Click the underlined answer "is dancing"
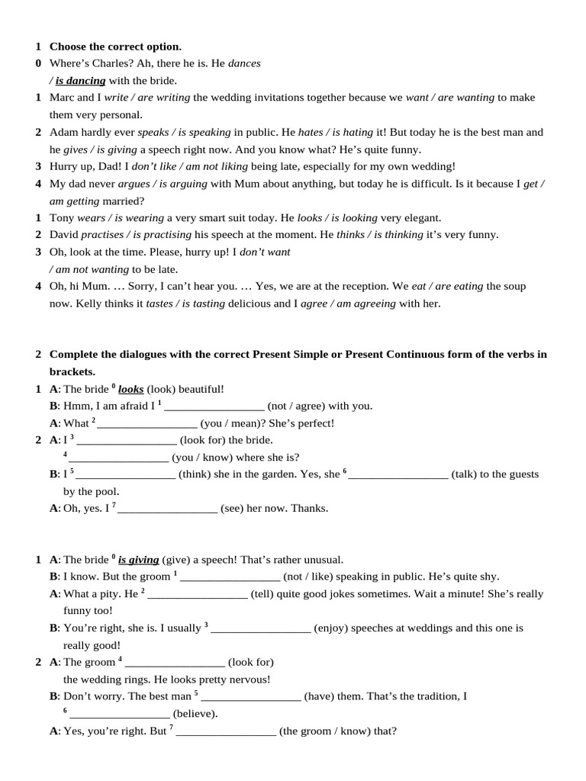(80, 80)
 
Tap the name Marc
(63, 98)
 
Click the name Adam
(65, 132)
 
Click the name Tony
(63, 217)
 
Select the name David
(65, 235)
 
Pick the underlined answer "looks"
(131, 388)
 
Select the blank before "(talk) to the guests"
(398, 474)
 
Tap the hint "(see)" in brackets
(231, 508)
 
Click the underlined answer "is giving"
(138, 559)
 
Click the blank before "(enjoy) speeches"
(261, 628)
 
